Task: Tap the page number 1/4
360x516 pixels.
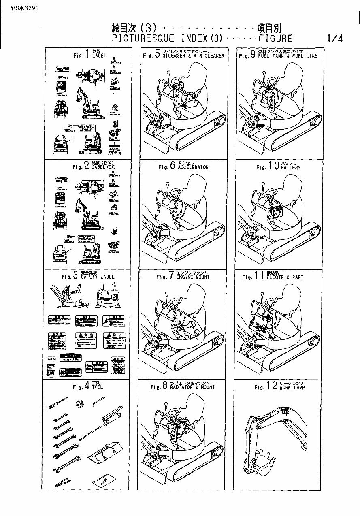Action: tap(335, 39)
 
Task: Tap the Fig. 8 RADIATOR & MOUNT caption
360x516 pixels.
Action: tap(183, 386)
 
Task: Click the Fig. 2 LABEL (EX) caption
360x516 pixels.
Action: tap(87, 166)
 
